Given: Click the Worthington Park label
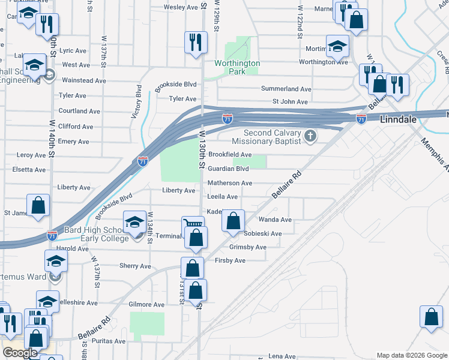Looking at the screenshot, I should coord(238,67).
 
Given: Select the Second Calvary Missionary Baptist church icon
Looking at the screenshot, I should coord(310,136).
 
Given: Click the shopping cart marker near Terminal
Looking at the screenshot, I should coord(193,226).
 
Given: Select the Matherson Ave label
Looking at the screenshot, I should coord(229,183).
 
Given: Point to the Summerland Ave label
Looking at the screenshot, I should coord(286,89).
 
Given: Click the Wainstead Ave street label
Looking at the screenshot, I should coord(84,80).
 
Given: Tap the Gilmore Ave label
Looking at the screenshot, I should coord(146,305).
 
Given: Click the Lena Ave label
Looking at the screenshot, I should coord(283,356).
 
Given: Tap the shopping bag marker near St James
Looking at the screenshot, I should coord(38,205).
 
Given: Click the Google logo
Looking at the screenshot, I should coord(20,353).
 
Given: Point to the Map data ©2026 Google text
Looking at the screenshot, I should coord(411,355).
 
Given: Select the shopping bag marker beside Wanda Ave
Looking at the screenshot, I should coord(234,220).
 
